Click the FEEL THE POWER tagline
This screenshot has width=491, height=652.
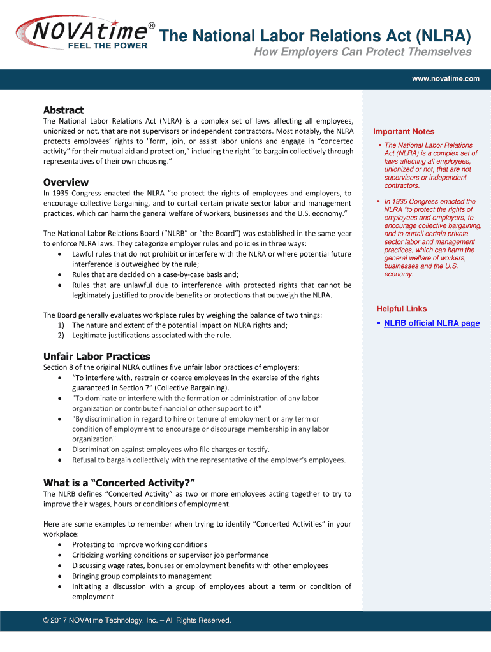point(107,46)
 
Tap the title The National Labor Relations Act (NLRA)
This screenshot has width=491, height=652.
point(315,36)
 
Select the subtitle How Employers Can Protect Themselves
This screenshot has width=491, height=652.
point(363,52)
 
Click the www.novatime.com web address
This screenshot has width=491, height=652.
point(445,78)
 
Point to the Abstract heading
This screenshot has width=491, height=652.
point(63,110)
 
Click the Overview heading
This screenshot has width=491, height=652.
point(66,182)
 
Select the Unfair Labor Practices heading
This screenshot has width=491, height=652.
point(96,357)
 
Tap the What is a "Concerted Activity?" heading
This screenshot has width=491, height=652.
point(119,482)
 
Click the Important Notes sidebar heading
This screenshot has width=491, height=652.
point(404,132)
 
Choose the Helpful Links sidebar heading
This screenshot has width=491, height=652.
point(402,309)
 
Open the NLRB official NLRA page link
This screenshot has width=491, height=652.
point(431,323)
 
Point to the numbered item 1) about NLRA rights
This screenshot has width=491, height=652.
point(179,325)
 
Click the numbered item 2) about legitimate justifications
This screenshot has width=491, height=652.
point(152,336)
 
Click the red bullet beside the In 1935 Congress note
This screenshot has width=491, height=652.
point(378,202)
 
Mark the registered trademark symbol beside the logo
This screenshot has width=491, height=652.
point(152,25)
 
